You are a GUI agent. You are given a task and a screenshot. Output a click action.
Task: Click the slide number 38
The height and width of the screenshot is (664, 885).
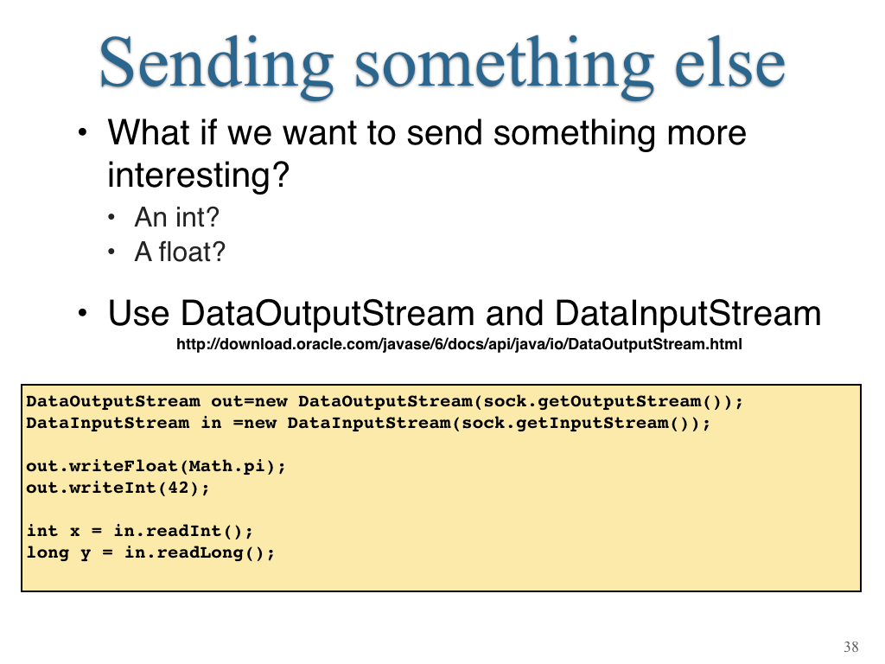(x=851, y=647)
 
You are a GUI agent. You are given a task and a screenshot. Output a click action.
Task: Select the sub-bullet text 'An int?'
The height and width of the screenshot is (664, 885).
(x=176, y=217)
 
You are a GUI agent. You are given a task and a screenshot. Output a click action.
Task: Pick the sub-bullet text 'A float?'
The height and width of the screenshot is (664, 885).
(x=180, y=252)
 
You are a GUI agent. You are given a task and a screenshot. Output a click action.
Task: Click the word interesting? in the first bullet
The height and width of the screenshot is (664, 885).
(x=198, y=175)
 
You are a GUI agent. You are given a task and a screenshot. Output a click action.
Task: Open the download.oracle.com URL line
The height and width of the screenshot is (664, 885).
(x=459, y=344)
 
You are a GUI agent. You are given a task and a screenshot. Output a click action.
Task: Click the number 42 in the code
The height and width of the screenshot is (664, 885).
(x=178, y=488)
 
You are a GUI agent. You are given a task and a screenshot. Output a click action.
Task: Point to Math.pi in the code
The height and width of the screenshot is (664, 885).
(x=227, y=466)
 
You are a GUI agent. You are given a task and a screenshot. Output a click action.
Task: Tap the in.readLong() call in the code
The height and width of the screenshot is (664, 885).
(x=200, y=552)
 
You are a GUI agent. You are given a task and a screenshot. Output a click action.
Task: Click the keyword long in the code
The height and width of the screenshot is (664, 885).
(x=48, y=552)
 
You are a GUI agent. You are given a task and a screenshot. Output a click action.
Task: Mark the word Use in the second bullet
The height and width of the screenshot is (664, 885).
(x=138, y=313)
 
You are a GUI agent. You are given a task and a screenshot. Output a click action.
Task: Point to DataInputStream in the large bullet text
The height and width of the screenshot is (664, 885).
(x=688, y=313)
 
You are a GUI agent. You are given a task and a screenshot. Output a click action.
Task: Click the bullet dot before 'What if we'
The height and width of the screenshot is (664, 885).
(x=83, y=132)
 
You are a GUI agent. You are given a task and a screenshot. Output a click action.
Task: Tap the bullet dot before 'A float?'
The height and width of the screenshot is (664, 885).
(x=111, y=252)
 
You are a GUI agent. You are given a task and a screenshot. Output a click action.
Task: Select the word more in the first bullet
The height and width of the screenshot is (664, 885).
(x=707, y=134)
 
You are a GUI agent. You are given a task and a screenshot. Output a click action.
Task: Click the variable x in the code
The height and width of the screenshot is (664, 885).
(x=74, y=532)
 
